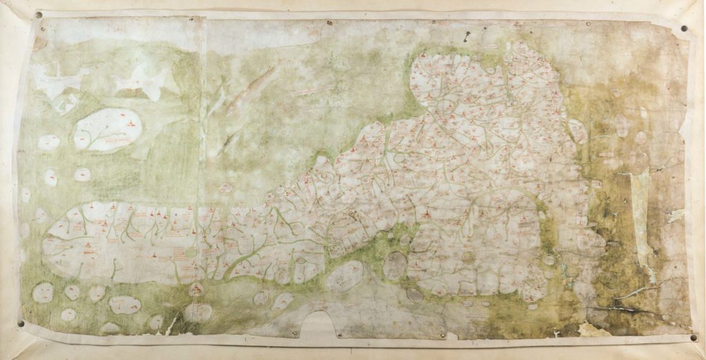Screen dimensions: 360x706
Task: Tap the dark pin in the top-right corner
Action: pos(685,29)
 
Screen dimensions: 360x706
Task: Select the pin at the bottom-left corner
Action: pos(21,323)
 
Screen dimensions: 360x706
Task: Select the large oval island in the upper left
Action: pos(108,130)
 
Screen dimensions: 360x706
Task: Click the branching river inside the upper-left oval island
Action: pos(103,134)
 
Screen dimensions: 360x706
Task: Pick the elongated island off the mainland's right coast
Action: pos(577,131)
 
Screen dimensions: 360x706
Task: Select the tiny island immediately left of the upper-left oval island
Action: pos(48,142)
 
